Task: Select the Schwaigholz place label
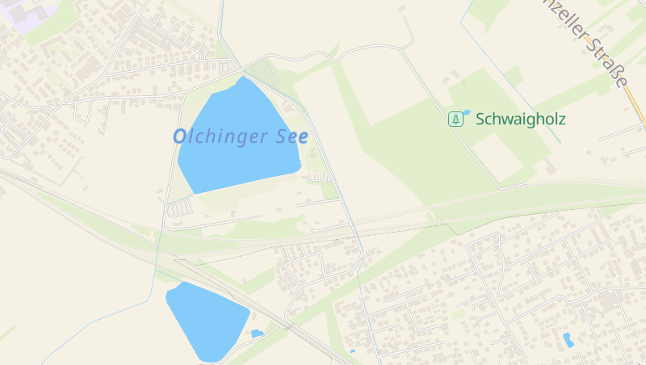[520, 120]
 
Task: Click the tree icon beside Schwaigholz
[456, 120]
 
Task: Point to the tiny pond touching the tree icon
[467, 113]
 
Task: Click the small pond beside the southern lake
[257, 334]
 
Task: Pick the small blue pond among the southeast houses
[568, 340]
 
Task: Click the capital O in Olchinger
[181, 136]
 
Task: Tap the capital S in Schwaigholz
[480, 120]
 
